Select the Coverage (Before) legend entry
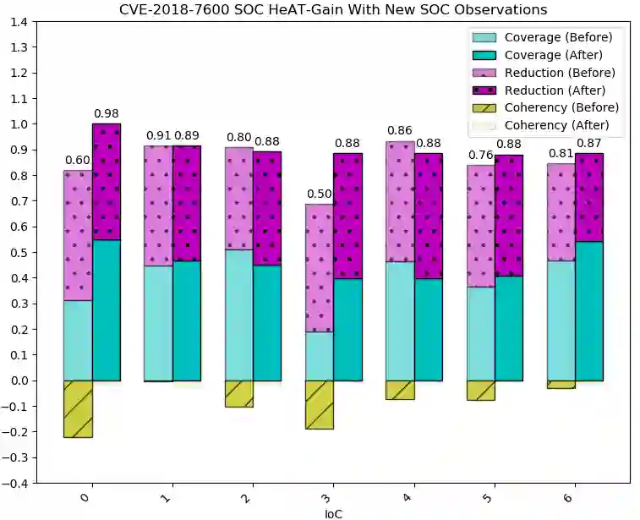558,37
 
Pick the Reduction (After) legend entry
554,90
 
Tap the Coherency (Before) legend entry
561,107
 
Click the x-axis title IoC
333,513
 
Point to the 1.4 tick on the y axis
18,22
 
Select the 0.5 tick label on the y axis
18,252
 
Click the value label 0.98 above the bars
107,113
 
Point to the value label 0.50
320,194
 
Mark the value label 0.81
561,153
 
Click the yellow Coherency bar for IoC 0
78,408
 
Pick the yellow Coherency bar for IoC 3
320,404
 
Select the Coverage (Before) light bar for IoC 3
320,355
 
